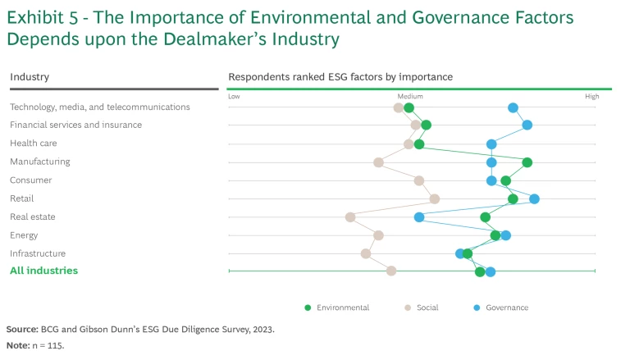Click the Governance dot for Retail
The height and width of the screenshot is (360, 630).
pyautogui.click(x=534, y=198)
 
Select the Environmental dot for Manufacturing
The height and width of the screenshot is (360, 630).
pyautogui.click(x=527, y=162)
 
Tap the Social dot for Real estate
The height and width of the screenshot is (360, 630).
pyautogui.click(x=350, y=217)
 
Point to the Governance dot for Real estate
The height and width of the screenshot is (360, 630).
pyautogui.click(x=419, y=217)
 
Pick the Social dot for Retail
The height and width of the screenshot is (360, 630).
pyautogui.click(x=435, y=198)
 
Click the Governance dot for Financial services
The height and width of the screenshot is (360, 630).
pyautogui.click(x=527, y=125)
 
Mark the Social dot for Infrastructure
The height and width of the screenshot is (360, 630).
pyautogui.click(x=366, y=253)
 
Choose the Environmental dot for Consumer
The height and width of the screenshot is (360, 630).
pyautogui.click(x=505, y=180)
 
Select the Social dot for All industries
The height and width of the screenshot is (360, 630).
pyautogui.click(x=391, y=271)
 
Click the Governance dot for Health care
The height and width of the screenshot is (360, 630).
pyautogui.click(x=491, y=144)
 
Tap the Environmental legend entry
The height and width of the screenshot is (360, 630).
pyautogui.click(x=337, y=308)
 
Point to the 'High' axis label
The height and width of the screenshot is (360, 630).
pyautogui.click(x=591, y=97)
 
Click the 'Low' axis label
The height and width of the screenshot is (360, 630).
pyautogui.click(x=234, y=97)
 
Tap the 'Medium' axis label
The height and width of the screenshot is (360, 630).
pyautogui.click(x=411, y=97)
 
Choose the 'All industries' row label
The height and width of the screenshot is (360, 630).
pyautogui.click(x=43, y=271)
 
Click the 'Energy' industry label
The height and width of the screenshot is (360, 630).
pyautogui.click(x=24, y=235)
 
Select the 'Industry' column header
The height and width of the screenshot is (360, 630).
pyautogui.click(x=30, y=77)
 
